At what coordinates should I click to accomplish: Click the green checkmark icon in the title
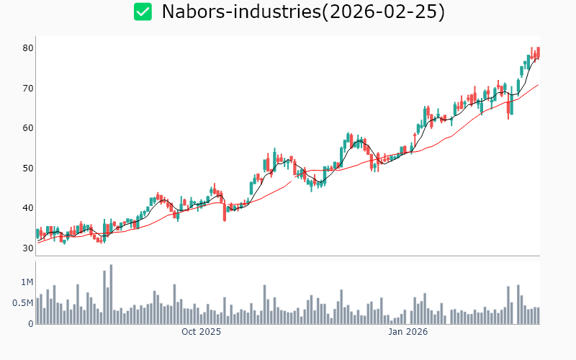pyautogui.click(x=143, y=12)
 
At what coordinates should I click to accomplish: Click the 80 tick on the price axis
pyautogui.click(x=28, y=48)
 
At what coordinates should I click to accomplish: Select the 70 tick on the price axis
pyautogui.click(x=28, y=89)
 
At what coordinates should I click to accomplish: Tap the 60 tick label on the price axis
pyautogui.click(x=28, y=128)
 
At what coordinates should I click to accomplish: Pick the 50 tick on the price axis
pyautogui.click(x=28, y=168)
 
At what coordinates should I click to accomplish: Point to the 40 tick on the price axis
pyautogui.click(x=28, y=208)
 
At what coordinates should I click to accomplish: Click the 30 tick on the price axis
pyautogui.click(x=28, y=248)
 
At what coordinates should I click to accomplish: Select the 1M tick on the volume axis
pyautogui.click(x=26, y=282)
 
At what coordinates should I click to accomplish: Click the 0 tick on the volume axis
pyautogui.click(x=31, y=324)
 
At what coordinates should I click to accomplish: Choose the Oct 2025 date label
pyautogui.click(x=201, y=332)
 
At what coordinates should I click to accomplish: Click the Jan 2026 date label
pyautogui.click(x=408, y=332)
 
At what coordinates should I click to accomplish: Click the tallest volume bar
pyautogui.click(x=111, y=294)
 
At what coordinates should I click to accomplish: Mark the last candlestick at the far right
pyautogui.click(x=538, y=53)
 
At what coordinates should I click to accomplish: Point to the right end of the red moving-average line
pyautogui.click(x=538, y=85)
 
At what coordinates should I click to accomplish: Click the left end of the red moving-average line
pyautogui.click(x=37, y=243)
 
